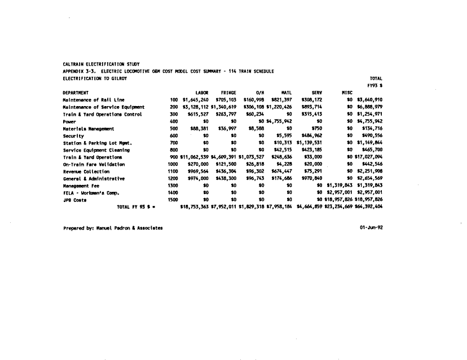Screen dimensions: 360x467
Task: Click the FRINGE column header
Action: pos(228,93)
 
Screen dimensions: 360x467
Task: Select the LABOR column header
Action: pos(202,93)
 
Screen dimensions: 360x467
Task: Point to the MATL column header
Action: pos(285,93)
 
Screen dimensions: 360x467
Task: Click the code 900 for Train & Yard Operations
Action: pos(174,157)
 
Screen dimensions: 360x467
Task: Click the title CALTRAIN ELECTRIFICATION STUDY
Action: pos(101,64)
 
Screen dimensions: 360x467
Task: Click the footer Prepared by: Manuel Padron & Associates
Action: pos(113,228)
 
